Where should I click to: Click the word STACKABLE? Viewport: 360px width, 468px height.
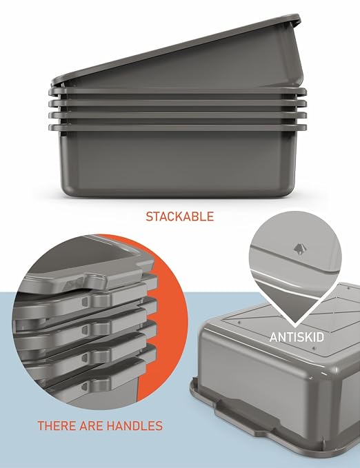(180, 216)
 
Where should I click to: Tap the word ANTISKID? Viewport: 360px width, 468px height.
(297, 337)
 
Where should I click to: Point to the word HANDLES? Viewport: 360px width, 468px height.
(134, 426)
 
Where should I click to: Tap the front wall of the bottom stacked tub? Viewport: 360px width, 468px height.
(179, 163)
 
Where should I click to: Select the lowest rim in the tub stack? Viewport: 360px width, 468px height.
(177, 128)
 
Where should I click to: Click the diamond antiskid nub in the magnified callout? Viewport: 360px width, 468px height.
(299, 249)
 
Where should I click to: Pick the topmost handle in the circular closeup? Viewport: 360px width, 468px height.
(96, 281)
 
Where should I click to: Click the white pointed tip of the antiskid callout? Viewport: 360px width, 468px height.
(295, 325)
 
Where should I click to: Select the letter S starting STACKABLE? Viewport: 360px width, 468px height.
(150, 216)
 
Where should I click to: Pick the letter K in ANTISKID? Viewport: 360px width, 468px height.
(308, 337)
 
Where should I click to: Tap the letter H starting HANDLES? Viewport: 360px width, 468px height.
(110, 426)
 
